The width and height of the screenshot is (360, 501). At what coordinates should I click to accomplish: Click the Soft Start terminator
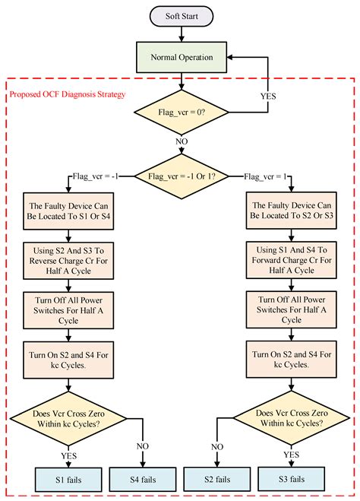182,14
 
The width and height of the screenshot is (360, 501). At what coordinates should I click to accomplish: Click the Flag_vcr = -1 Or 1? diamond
182,177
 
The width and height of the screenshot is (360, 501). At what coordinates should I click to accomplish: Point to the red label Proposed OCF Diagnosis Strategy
68,95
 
